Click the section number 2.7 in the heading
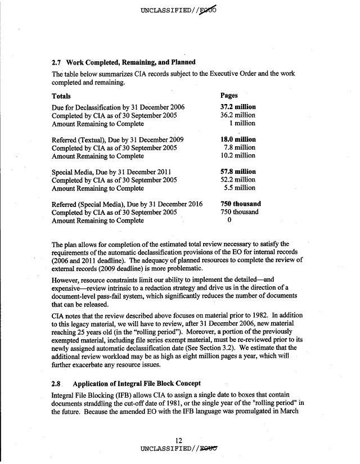tap(57, 62)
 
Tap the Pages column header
tap(230, 96)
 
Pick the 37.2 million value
tap(238, 107)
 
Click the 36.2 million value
tap(238, 115)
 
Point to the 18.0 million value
tap(238, 139)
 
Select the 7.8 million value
tap(240, 148)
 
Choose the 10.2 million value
tap(238, 156)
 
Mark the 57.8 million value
tap(238, 172)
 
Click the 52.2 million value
tap(238, 180)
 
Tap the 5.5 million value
tap(240, 188)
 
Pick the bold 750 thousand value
tap(240, 204)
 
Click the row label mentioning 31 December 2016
tap(127, 204)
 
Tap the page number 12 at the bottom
tap(179, 440)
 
